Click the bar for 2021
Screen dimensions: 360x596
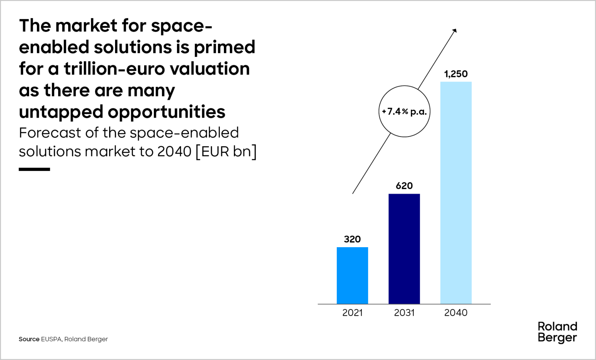(352, 275)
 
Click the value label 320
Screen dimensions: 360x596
(352, 239)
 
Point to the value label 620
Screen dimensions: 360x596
(404, 185)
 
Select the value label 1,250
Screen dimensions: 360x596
(456, 74)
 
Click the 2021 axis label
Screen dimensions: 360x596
(352, 313)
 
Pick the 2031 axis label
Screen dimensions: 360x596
(404, 313)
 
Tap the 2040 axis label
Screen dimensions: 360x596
(456, 313)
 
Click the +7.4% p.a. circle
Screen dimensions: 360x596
(404, 111)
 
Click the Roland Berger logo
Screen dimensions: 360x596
(557, 332)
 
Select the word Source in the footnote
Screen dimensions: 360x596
(29, 339)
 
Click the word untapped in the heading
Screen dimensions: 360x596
(61, 112)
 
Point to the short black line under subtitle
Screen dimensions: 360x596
(34, 169)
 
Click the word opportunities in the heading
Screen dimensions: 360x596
(167, 112)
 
